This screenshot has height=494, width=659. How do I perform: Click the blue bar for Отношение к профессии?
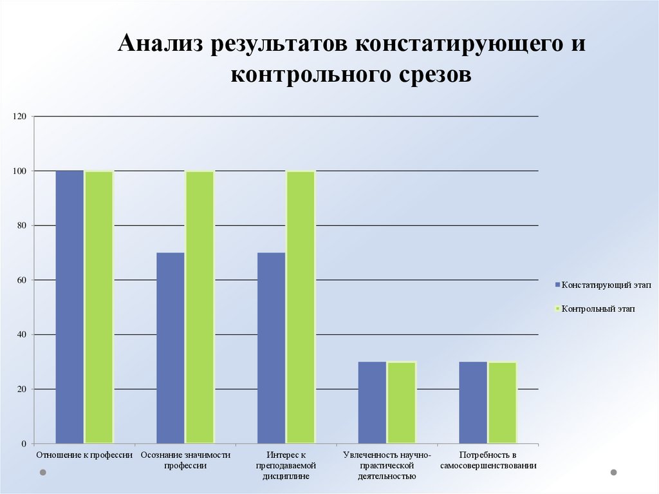(x=70, y=307)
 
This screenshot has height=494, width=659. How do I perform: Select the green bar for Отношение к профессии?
(x=99, y=307)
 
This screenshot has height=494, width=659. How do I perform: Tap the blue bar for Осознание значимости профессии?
(x=171, y=348)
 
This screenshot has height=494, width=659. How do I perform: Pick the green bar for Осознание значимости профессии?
(x=200, y=307)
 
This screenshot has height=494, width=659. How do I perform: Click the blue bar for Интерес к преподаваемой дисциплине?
(x=271, y=348)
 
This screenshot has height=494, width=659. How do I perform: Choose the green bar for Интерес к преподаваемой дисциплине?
(x=301, y=307)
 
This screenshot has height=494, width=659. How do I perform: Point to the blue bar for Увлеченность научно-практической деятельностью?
(x=372, y=403)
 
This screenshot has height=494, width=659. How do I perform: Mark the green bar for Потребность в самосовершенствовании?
(x=502, y=403)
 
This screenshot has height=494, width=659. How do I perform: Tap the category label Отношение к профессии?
(x=84, y=455)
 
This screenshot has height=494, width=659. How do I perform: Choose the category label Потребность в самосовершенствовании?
(x=488, y=460)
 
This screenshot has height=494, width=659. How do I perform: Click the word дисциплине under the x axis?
(x=286, y=477)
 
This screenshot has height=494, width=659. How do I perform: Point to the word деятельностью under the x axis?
(x=387, y=477)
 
